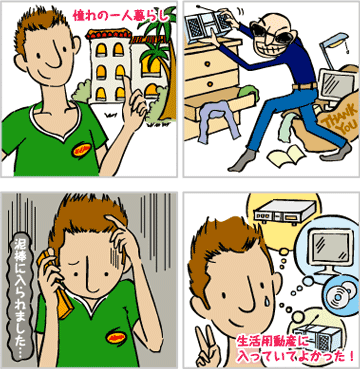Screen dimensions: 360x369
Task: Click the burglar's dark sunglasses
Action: tap(269, 33)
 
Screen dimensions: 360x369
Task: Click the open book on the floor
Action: tap(286, 156)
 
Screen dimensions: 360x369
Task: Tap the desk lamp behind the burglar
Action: tap(334, 50)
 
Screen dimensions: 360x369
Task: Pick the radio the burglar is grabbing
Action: tap(207, 23)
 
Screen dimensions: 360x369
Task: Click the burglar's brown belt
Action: tap(304, 87)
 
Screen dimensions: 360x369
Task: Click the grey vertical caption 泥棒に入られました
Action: tap(22, 296)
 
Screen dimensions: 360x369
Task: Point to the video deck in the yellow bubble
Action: tap(284, 212)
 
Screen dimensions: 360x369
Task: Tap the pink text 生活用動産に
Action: tap(270, 341)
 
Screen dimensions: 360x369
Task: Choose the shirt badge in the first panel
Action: tap(81, 149)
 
